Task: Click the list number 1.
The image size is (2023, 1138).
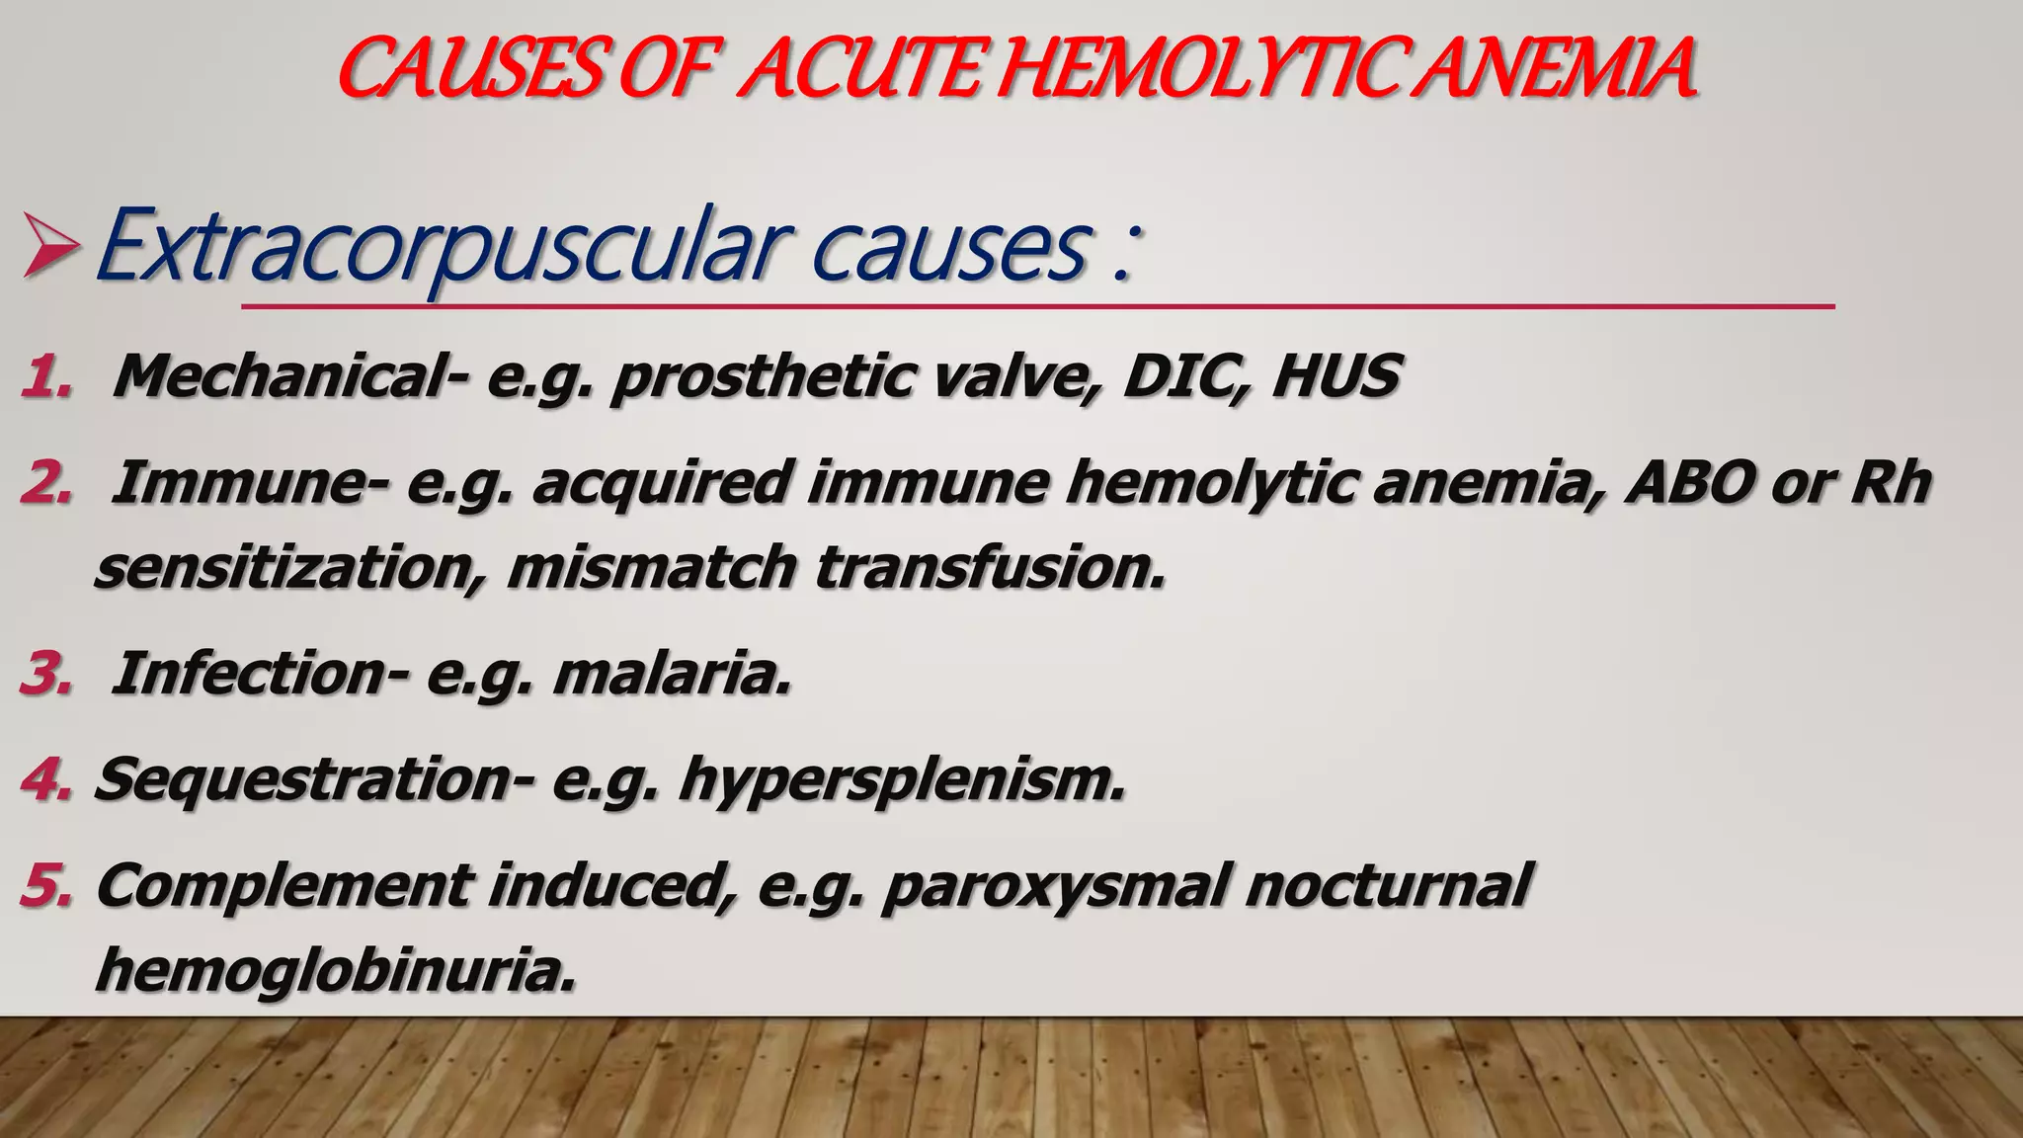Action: [x=45, y=378]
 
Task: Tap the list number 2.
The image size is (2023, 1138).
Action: [x=45, y=484]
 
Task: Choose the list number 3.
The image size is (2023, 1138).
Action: [x=45, y=675]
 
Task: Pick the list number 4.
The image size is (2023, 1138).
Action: [x=45, y=780]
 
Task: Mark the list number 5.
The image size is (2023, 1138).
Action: [x=45, y=885]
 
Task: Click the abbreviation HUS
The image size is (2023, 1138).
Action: [x=1335, y=377]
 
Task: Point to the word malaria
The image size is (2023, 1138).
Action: [x=672, y=675]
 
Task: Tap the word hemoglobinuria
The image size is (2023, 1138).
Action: [x=336, y=970]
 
